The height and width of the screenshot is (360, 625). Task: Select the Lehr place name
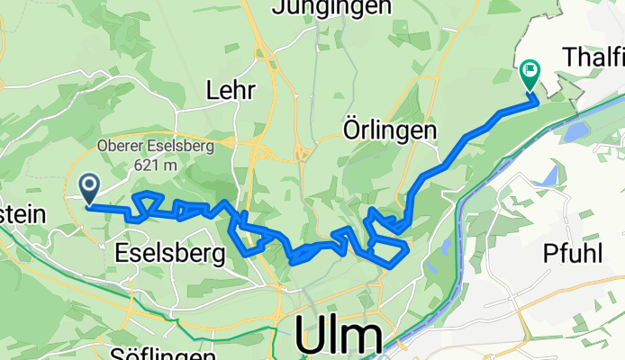(231, 90)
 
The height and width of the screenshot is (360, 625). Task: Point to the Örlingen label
(390, 130)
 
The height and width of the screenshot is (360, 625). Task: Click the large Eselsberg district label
(170, 255)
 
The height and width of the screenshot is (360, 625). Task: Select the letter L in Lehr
(213, 90)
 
